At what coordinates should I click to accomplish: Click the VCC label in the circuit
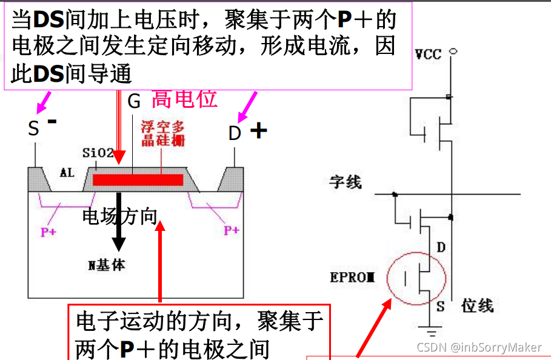tap(428, 55)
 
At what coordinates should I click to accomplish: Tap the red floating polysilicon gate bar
tap(138, 179)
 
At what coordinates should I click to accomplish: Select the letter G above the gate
tap(134, 101)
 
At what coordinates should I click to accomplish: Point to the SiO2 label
tap(98, 153)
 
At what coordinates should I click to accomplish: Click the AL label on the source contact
tap(67, 172)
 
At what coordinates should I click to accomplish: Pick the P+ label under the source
tap(48, 232)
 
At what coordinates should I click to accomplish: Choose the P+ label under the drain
tap(232, 230)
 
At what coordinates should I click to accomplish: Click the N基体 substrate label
tap(107, 265)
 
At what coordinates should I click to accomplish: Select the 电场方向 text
tap(120, 216)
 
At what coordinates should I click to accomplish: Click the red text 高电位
tap(184, 98)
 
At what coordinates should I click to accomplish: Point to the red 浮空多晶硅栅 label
tap(162, 134)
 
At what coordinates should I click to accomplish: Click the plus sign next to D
tap(259, 130)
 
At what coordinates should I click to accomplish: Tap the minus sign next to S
tap(52, 121)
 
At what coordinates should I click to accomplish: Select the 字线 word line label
tap(346, 181)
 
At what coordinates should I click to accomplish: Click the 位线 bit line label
tap(477, 305)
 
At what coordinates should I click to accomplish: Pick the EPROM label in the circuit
tap(353, 278)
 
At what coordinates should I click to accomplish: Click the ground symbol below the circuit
tap(432, 332)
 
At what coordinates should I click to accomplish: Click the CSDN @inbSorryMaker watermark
tap(479, 347)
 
